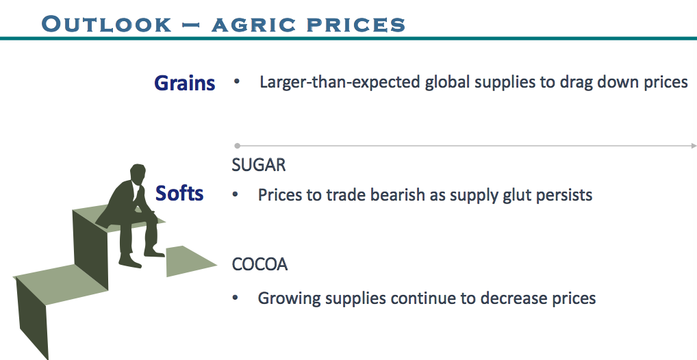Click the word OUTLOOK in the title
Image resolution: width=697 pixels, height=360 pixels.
point(106,24)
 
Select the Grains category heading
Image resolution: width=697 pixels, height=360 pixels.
point(184,83)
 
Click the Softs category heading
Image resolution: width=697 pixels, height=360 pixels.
point(179,193)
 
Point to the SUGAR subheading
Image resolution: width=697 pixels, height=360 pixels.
point(259,165)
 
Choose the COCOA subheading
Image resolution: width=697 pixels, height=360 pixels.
point(259,264)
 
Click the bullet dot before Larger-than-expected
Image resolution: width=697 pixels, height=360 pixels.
point(236,82)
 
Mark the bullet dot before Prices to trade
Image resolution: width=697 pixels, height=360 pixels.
point(235,194)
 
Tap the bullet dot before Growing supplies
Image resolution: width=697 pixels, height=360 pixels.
point(235,298)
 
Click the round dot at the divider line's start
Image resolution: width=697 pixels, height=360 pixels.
point(238,146)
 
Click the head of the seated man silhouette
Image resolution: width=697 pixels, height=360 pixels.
point(138,175)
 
